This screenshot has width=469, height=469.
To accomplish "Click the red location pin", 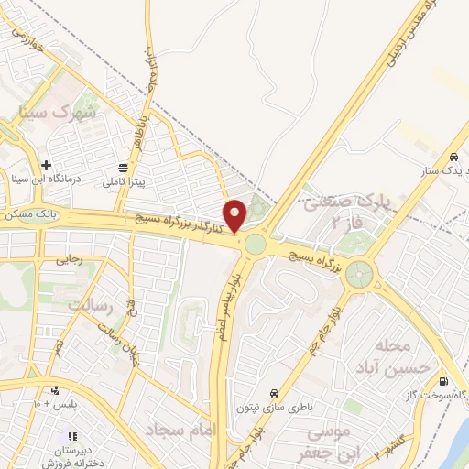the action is [x=234, y=215].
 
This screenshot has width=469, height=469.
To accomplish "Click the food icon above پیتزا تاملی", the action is [x=122, y=169].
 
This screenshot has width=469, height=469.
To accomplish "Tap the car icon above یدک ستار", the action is [x=455, y=157].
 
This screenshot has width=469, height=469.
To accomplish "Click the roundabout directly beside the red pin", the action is [x=255, y=244].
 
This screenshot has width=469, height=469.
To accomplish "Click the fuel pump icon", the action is [x=444, y=381].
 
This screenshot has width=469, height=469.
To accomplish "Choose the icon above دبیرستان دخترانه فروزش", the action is [x=71, y=435].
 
